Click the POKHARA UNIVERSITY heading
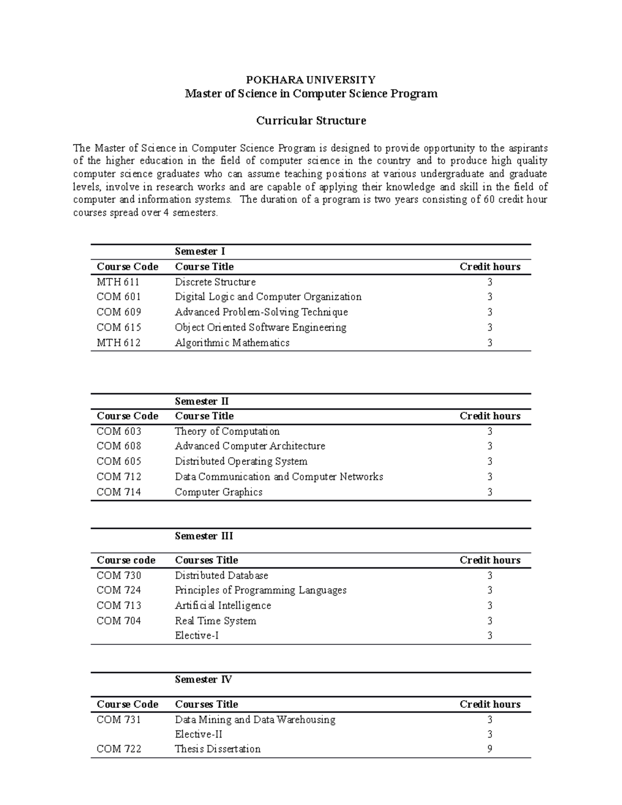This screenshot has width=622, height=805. [310, 80]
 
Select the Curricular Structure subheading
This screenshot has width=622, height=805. [311, 121]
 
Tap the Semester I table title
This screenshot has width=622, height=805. [200, 251]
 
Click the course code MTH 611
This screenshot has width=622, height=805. [118, 282]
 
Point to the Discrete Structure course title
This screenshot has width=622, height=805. [215, 282]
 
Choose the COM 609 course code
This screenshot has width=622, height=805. [119, 312]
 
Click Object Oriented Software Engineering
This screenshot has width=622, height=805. [260, 328]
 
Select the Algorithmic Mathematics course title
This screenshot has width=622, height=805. [232, 343]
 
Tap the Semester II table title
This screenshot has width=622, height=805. [202, 401]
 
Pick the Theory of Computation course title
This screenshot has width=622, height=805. [227, 431]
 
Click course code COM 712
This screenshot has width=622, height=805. [119, 477]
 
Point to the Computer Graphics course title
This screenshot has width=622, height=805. [218, 492]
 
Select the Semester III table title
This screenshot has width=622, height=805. [204, 536]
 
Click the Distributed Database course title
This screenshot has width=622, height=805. [221, 575]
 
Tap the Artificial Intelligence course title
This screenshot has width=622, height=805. [223, 605]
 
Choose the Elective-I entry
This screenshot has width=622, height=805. [196, 635]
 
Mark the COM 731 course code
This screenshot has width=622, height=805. [119, 719]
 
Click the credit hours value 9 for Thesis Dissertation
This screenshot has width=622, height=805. [490, 749]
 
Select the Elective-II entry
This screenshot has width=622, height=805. [199, 734]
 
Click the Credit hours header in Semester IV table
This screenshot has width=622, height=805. [490, 704]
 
